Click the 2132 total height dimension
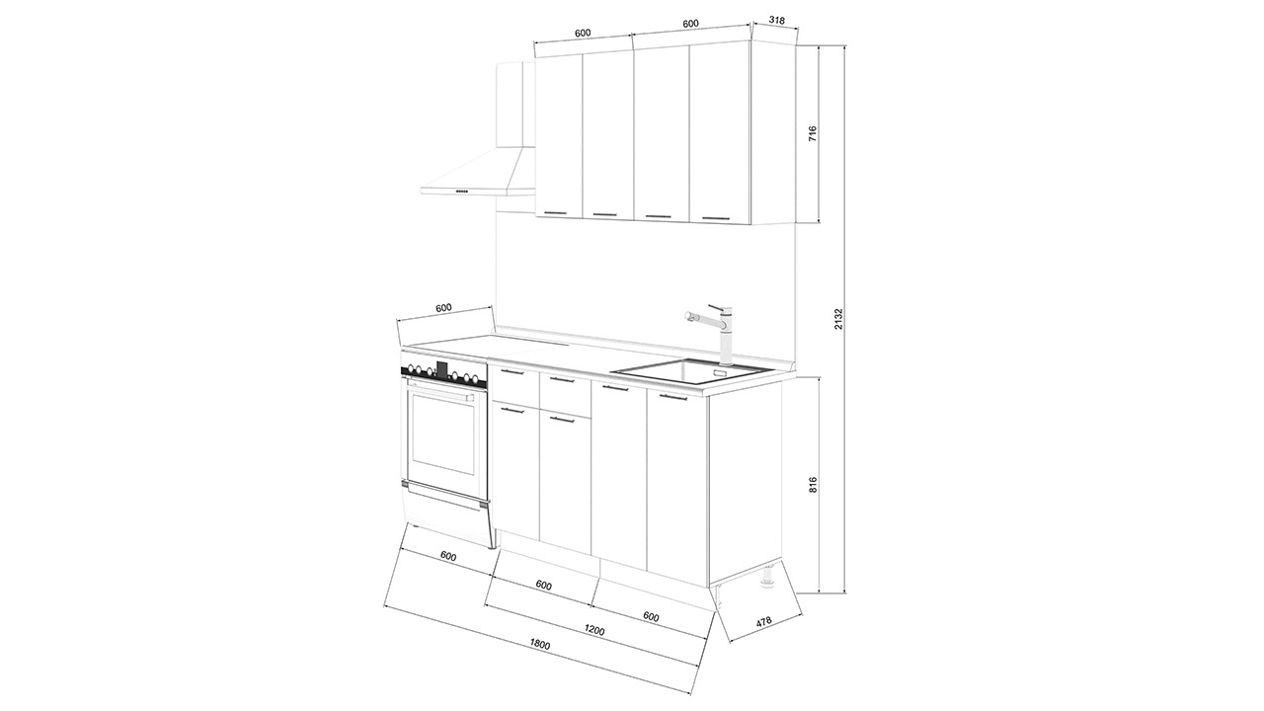click(x=838, y=319)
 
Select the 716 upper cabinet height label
click(x=813, y=133)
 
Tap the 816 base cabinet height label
click(x=813, y=485)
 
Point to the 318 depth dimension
click(x=777, y=21)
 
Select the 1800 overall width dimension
click(x=540, y=645)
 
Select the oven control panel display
click(x=442, y=369)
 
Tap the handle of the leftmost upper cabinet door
click(x=559, y=212)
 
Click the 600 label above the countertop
click(x=443, y=308)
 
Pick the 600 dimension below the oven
click(x=447, y=556)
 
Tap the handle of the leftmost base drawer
click(x=513, y=372)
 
